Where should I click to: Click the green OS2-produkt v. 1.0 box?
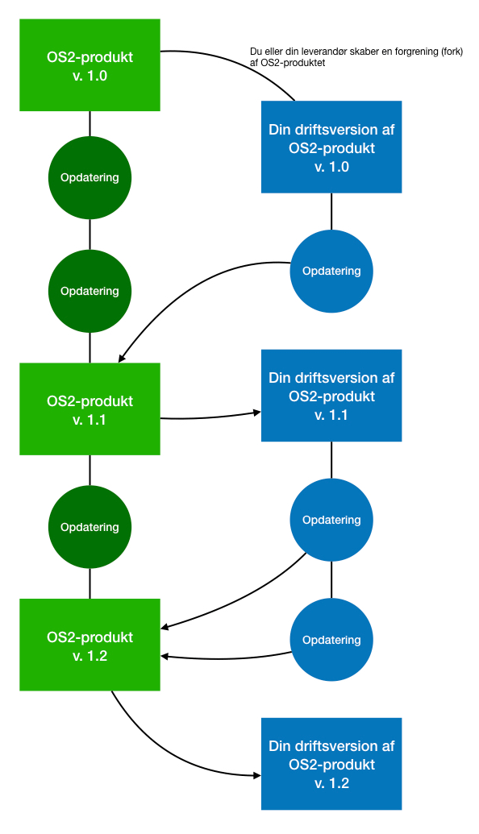point(90,65)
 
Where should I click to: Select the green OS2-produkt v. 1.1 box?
point(90,409)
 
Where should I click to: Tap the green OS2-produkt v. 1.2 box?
point(90,645)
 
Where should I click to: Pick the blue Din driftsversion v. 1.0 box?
point(331,147)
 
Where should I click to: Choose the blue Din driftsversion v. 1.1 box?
point(331,396)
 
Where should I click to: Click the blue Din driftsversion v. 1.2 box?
point(331,764)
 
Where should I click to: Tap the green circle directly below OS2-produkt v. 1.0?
point(90,177)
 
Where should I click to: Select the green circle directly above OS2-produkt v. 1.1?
point(90,292)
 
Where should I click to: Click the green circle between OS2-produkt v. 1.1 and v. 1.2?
point(90,527)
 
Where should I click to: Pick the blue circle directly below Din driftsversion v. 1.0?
point(331,272)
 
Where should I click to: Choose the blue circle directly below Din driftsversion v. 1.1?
point(331,520)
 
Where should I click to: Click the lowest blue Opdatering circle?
point(331,640)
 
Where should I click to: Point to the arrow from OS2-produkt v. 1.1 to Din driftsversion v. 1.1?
point(210,417)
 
